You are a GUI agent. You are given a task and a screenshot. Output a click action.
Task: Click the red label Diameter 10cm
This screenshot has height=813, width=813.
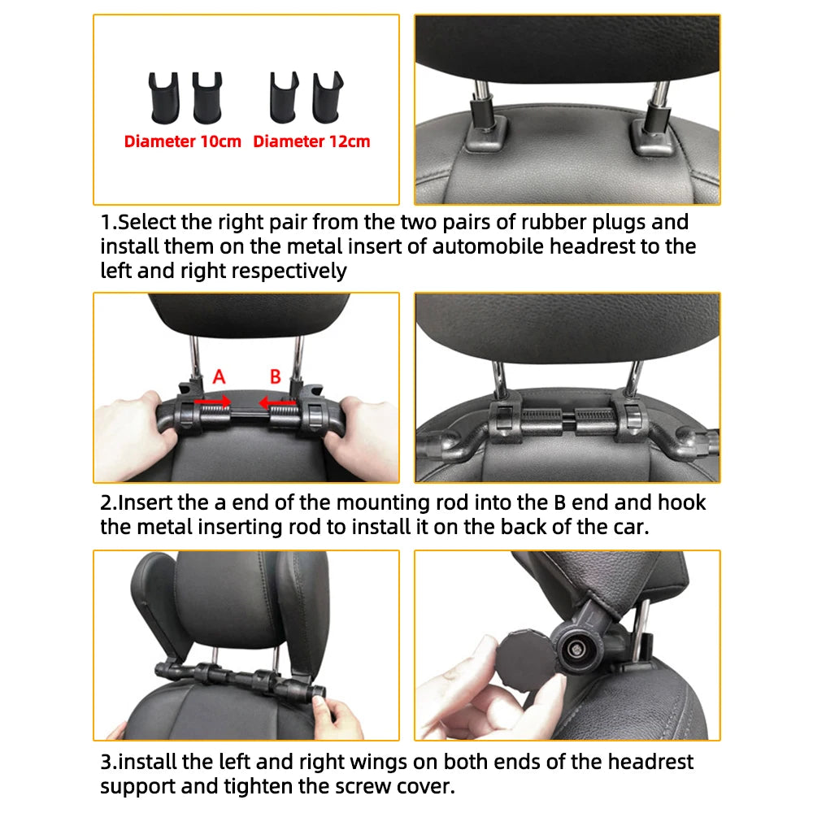183,141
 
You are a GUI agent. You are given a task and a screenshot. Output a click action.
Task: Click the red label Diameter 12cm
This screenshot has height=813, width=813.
311,141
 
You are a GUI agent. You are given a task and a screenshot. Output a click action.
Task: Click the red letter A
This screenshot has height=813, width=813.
219,376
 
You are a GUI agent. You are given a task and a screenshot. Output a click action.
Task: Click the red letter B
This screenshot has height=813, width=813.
276,376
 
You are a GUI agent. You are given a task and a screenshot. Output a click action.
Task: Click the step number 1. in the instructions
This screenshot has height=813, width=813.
109,223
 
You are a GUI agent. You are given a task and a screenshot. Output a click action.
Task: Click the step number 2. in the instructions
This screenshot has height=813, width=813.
109,502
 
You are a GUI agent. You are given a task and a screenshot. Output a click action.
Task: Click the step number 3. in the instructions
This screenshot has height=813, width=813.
109,763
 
